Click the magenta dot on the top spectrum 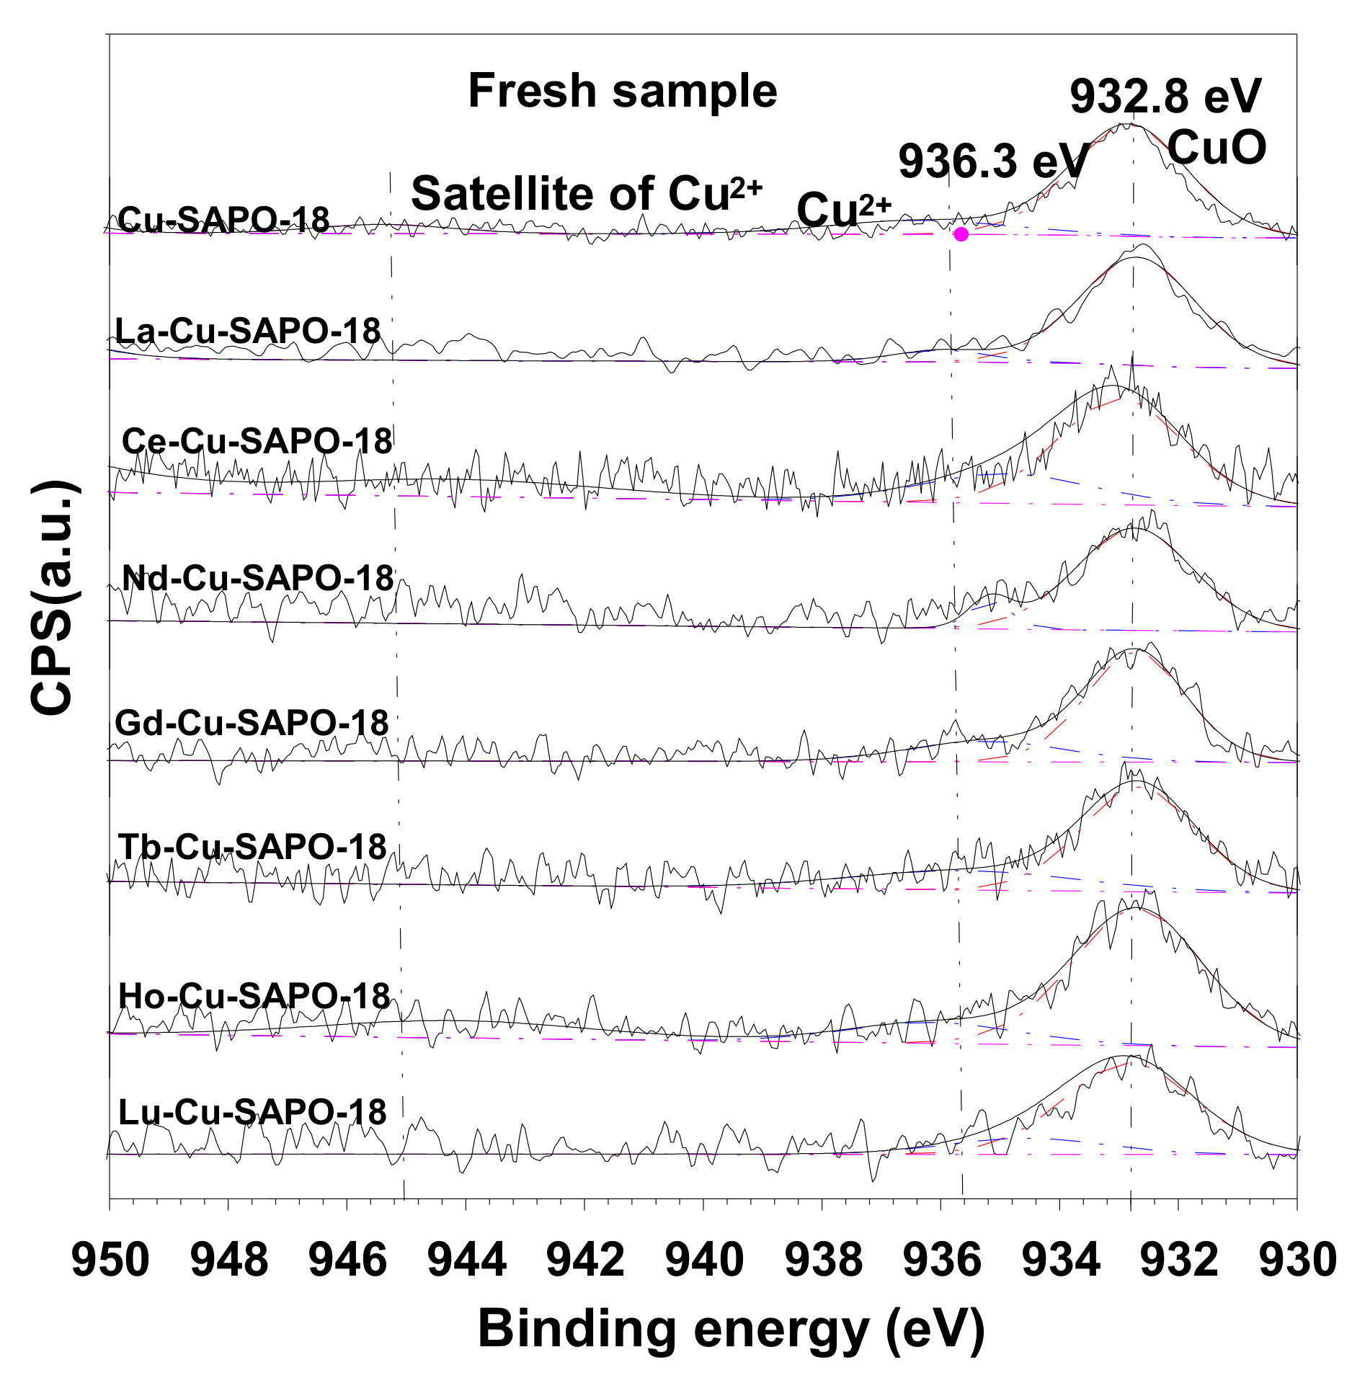(961, 234)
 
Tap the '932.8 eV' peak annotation (1165, 96)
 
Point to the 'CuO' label (1217, 147)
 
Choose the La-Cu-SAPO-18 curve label (248, 332)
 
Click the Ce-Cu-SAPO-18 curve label (257, 441)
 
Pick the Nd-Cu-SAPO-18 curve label (258, 578)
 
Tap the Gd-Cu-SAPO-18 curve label (252, 723)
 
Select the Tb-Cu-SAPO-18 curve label (252, 847)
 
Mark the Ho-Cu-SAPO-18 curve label (254, 996)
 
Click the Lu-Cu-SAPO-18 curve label (252, 1112)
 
